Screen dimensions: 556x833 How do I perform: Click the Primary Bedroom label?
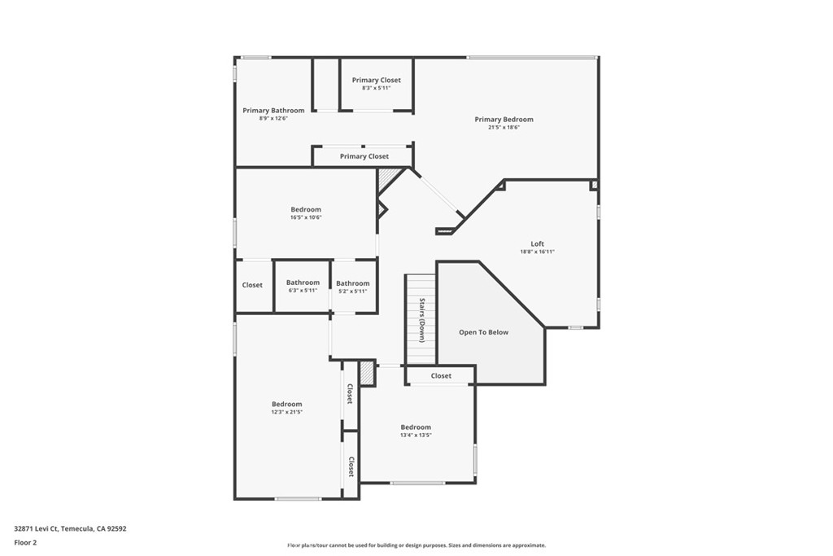point(504,120)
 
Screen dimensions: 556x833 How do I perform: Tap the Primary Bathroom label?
point(273,111)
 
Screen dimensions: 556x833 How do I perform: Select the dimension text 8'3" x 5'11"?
point(376,88)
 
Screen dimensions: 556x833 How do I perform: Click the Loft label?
point(537,243)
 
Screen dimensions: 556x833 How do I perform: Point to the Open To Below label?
point(483,332)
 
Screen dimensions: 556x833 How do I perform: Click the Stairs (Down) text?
point(422,320)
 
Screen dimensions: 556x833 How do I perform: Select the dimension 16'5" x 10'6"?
point(306,217)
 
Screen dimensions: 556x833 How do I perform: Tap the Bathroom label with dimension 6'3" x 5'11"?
point(302,283)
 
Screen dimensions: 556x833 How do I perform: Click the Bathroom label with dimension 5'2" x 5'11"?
point(352,283)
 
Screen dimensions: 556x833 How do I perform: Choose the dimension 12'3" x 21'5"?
point(286,412)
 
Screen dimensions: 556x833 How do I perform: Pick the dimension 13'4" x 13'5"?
point(415,436)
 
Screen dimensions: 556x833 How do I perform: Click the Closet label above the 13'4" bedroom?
point(441,376)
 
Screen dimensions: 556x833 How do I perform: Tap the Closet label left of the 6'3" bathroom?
point(252,285)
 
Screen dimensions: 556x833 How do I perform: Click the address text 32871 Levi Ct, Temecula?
point(70,528)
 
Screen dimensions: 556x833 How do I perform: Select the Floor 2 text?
point(25,542)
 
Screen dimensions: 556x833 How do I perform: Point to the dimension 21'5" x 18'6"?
point(504,127)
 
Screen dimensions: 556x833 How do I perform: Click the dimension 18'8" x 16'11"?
point(537,252)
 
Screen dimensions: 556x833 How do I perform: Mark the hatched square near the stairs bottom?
point(367,374)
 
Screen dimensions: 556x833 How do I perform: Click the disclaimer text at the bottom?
point(416,545)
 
